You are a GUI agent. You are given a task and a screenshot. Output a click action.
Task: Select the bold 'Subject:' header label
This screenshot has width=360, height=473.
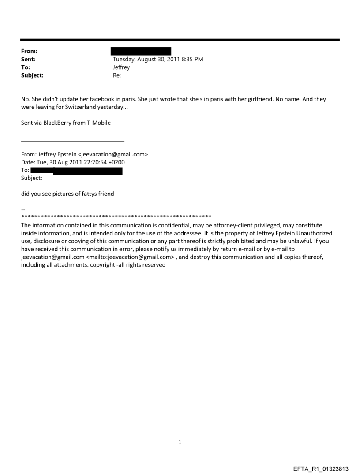[32, 75]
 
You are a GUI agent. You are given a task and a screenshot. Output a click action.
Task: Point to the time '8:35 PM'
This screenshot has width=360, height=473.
[192, 59]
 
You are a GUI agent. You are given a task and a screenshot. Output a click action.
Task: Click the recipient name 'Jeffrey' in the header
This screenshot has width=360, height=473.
[121, 67]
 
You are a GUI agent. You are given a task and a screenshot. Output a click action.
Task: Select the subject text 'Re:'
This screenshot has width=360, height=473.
[117, 75]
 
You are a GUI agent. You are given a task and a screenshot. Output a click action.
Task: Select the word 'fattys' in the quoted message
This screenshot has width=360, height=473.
[76, 194]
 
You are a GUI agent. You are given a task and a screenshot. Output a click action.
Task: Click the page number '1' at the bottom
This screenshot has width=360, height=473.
[180, 442]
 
